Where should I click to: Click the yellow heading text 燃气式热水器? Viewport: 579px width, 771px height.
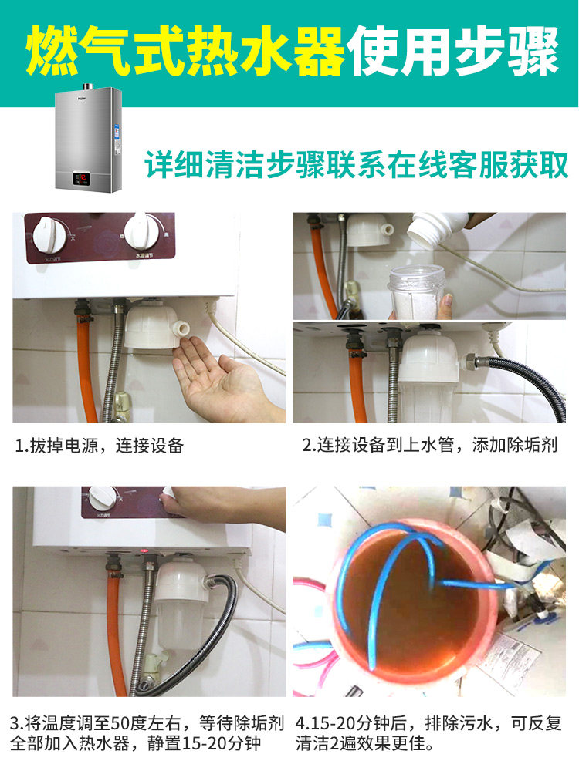[x=185, y=52]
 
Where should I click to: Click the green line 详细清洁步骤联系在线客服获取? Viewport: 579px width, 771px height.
[x=357, y=164]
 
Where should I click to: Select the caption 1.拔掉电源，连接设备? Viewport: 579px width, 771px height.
[x=100, y=446]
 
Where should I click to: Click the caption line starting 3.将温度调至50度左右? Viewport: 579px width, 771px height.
[x=147, y=725]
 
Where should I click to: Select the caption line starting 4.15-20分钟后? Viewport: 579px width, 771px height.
[x=428, y=725]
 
